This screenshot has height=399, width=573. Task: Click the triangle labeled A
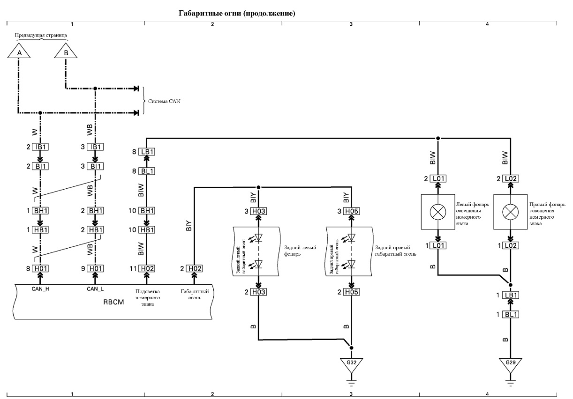tap(19, 51)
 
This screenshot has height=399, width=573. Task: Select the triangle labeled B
tap(66, 51)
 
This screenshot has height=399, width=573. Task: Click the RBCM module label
tap(113, 302)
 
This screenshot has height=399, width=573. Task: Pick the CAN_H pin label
tap(40, 289)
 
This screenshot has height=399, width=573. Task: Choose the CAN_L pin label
tap(95, 289)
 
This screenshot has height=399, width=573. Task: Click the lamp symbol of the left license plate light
tap(438, 212)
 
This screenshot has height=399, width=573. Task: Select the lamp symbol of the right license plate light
tap(510, 212)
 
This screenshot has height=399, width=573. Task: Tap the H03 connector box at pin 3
tap(259, 211)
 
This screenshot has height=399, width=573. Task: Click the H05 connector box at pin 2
tap(352, 292)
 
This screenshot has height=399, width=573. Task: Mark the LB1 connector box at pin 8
tap(147, 152)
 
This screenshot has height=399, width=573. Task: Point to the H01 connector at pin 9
tap(95, 268)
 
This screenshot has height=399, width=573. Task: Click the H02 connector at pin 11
tap(147, 268)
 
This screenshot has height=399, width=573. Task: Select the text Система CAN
tap(164, 101)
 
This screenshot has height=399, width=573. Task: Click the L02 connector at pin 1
tap(511, 246)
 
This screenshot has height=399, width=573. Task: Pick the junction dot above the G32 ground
tap(352, 348)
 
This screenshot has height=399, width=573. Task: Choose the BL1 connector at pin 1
tap(511, 314)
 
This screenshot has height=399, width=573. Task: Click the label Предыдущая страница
tap(41, 35)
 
